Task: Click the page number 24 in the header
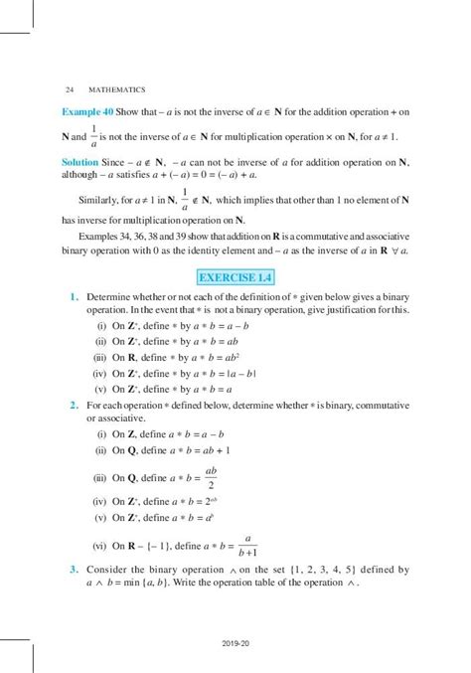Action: (x=67, y=89)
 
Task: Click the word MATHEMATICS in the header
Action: (x=121, y=89)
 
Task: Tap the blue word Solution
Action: (x=80, y=160)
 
